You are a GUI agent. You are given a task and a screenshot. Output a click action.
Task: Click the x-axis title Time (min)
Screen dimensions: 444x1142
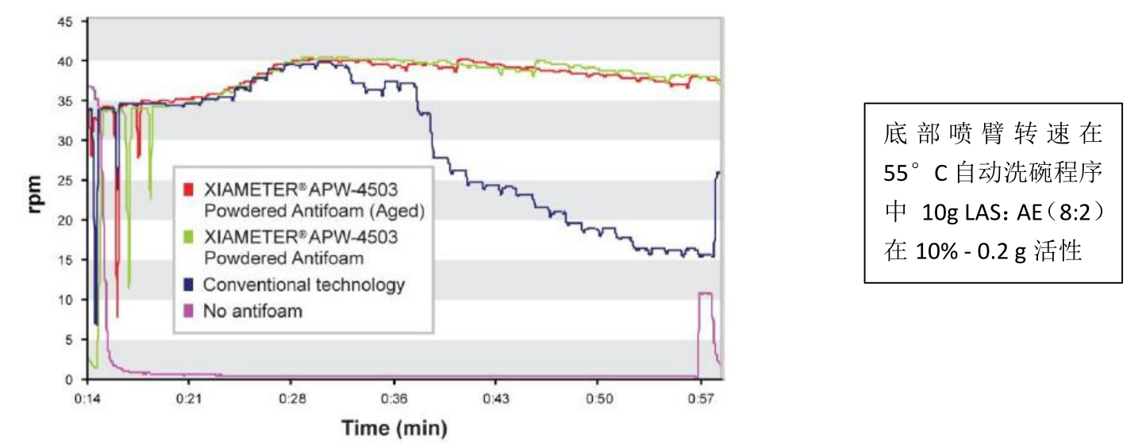point(394,428)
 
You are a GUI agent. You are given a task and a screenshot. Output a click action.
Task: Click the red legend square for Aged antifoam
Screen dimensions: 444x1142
point(188,190)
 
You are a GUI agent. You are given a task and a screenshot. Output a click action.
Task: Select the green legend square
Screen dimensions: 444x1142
point(188,237)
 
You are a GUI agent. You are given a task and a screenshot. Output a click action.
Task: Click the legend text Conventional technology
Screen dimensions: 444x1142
point(304,285)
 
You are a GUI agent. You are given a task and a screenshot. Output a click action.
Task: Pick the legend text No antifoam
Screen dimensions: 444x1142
point(253,311)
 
